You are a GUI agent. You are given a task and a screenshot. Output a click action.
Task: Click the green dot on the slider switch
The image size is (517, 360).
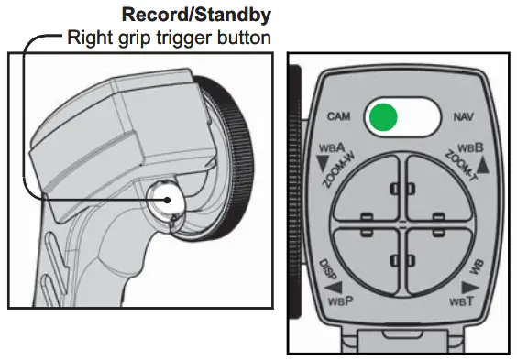pos(385,117)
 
